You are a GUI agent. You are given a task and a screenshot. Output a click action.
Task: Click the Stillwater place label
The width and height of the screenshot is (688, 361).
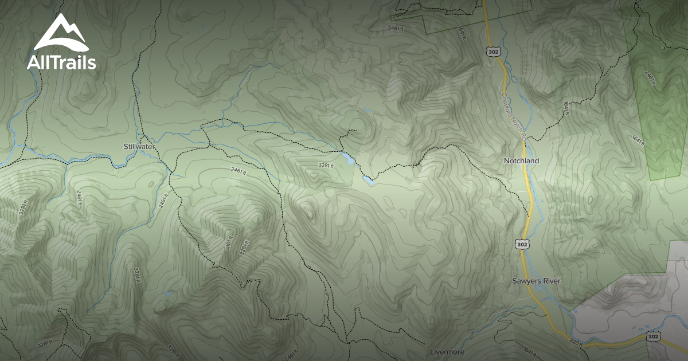139,147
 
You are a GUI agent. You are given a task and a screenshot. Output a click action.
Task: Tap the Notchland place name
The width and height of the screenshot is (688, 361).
522,161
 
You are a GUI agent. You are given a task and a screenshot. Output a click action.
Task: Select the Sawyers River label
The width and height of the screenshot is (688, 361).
536,281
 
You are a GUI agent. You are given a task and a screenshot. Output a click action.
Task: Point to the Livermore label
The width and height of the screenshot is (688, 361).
447,352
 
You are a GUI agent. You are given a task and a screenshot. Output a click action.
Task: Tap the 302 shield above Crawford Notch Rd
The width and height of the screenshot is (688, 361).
493,52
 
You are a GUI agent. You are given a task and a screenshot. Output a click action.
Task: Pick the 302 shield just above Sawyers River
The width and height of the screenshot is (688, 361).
522,245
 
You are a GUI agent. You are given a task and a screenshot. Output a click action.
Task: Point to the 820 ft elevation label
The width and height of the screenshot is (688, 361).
576,342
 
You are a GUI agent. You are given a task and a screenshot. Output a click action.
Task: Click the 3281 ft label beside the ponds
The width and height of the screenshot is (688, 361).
326,166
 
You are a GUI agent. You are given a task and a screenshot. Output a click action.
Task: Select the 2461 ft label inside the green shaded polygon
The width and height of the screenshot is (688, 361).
649,77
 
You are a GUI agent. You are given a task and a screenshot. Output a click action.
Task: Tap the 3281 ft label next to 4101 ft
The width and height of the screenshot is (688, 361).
244,247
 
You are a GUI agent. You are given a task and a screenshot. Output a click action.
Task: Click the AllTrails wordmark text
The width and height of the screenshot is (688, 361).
61,62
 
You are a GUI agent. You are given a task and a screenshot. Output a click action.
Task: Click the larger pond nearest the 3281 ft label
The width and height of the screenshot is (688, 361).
347,159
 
